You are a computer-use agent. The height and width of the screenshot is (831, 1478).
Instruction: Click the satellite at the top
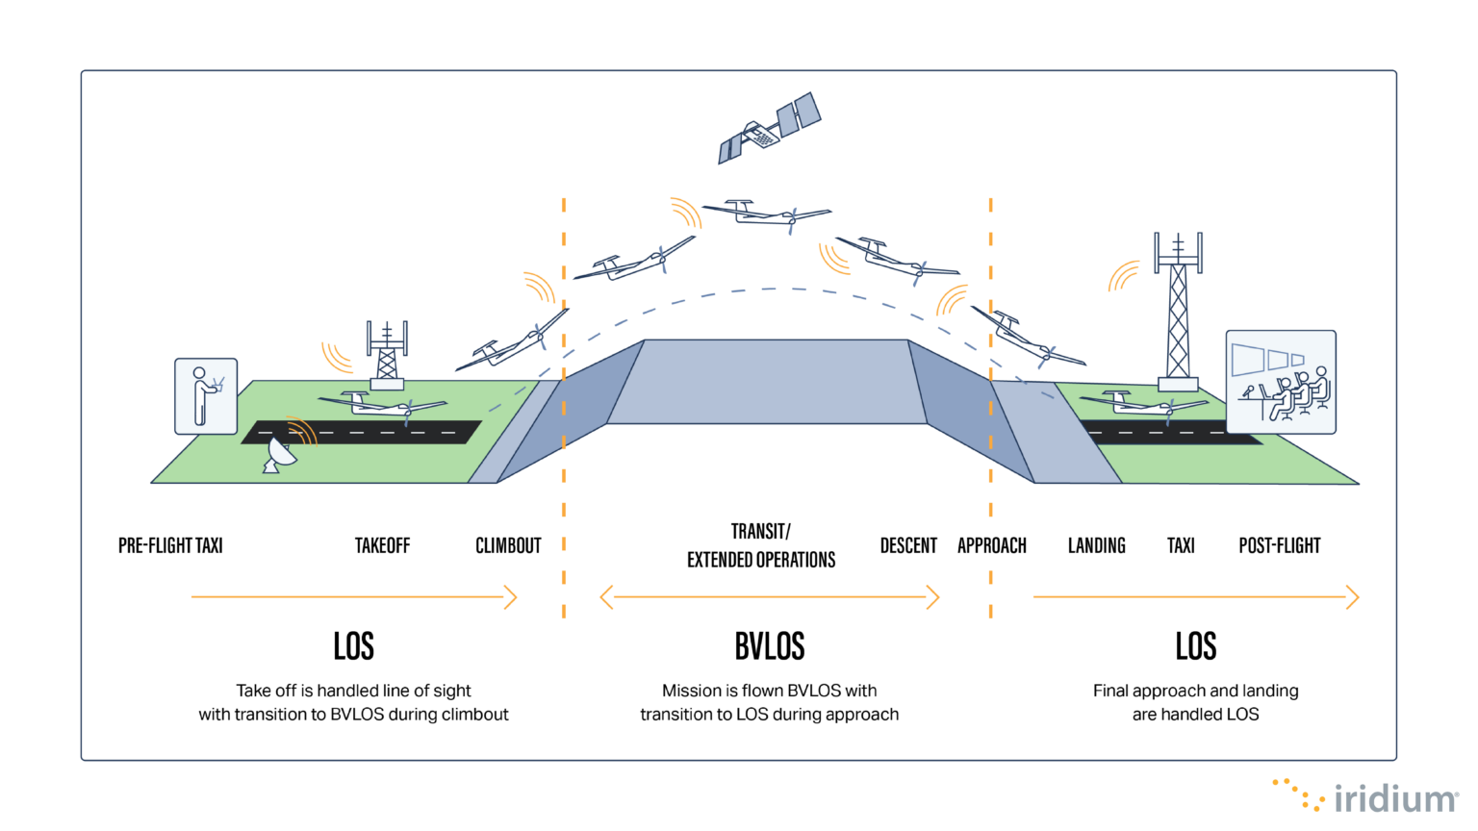coord(769,128)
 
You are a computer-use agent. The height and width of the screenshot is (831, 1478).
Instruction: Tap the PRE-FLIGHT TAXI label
coord(170,545)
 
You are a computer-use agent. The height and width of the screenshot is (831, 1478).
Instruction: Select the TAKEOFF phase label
coord(382,545)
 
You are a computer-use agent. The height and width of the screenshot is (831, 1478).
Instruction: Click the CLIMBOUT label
coord(508,545)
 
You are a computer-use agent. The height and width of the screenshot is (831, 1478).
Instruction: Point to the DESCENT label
coord(908,545)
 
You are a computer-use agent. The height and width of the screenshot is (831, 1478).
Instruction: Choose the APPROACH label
coord(991,545)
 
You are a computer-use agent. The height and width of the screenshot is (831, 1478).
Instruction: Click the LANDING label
coord(1096,545)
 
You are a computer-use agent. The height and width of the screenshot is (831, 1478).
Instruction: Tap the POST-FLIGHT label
coord(1279,545)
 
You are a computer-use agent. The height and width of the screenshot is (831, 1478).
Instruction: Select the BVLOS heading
coord(769,646)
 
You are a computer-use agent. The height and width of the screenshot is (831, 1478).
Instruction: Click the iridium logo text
coord(1395,798)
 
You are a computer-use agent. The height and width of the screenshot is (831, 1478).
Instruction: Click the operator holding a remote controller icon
coord(206,395)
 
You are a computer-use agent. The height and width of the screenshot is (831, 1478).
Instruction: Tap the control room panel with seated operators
coord(1281,382)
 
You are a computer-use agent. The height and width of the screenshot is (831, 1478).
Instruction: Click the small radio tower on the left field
coord(387,355)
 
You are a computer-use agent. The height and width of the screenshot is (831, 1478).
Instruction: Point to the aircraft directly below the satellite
coord(767,214)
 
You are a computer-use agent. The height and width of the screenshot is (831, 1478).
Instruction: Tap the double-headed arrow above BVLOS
coord(769,597)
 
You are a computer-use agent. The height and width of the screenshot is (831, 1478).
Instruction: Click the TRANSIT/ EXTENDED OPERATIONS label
coord(760,545)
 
